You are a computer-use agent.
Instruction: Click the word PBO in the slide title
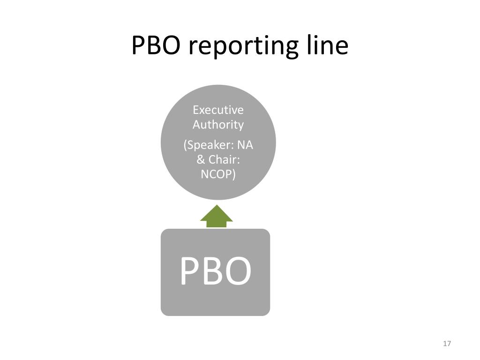[x=156, y=45]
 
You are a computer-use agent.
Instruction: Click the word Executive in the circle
[x=218, y=110]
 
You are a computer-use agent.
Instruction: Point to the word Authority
[x=218, y=125]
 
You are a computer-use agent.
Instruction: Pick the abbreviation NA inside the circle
[x=245, y=145]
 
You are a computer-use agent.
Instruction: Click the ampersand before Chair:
[x=201, y=159]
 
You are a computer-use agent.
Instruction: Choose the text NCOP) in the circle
[x=218, y=174]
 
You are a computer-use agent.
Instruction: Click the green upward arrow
[x=217, y=216]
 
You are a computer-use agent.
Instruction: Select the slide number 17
[x=447, y=344]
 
